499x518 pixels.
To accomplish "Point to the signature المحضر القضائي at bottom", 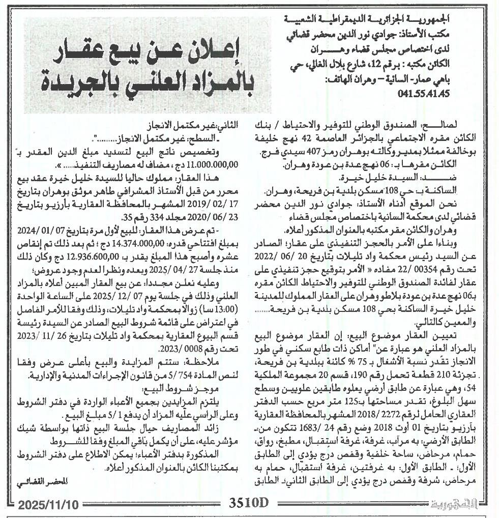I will tap(44, 480).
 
